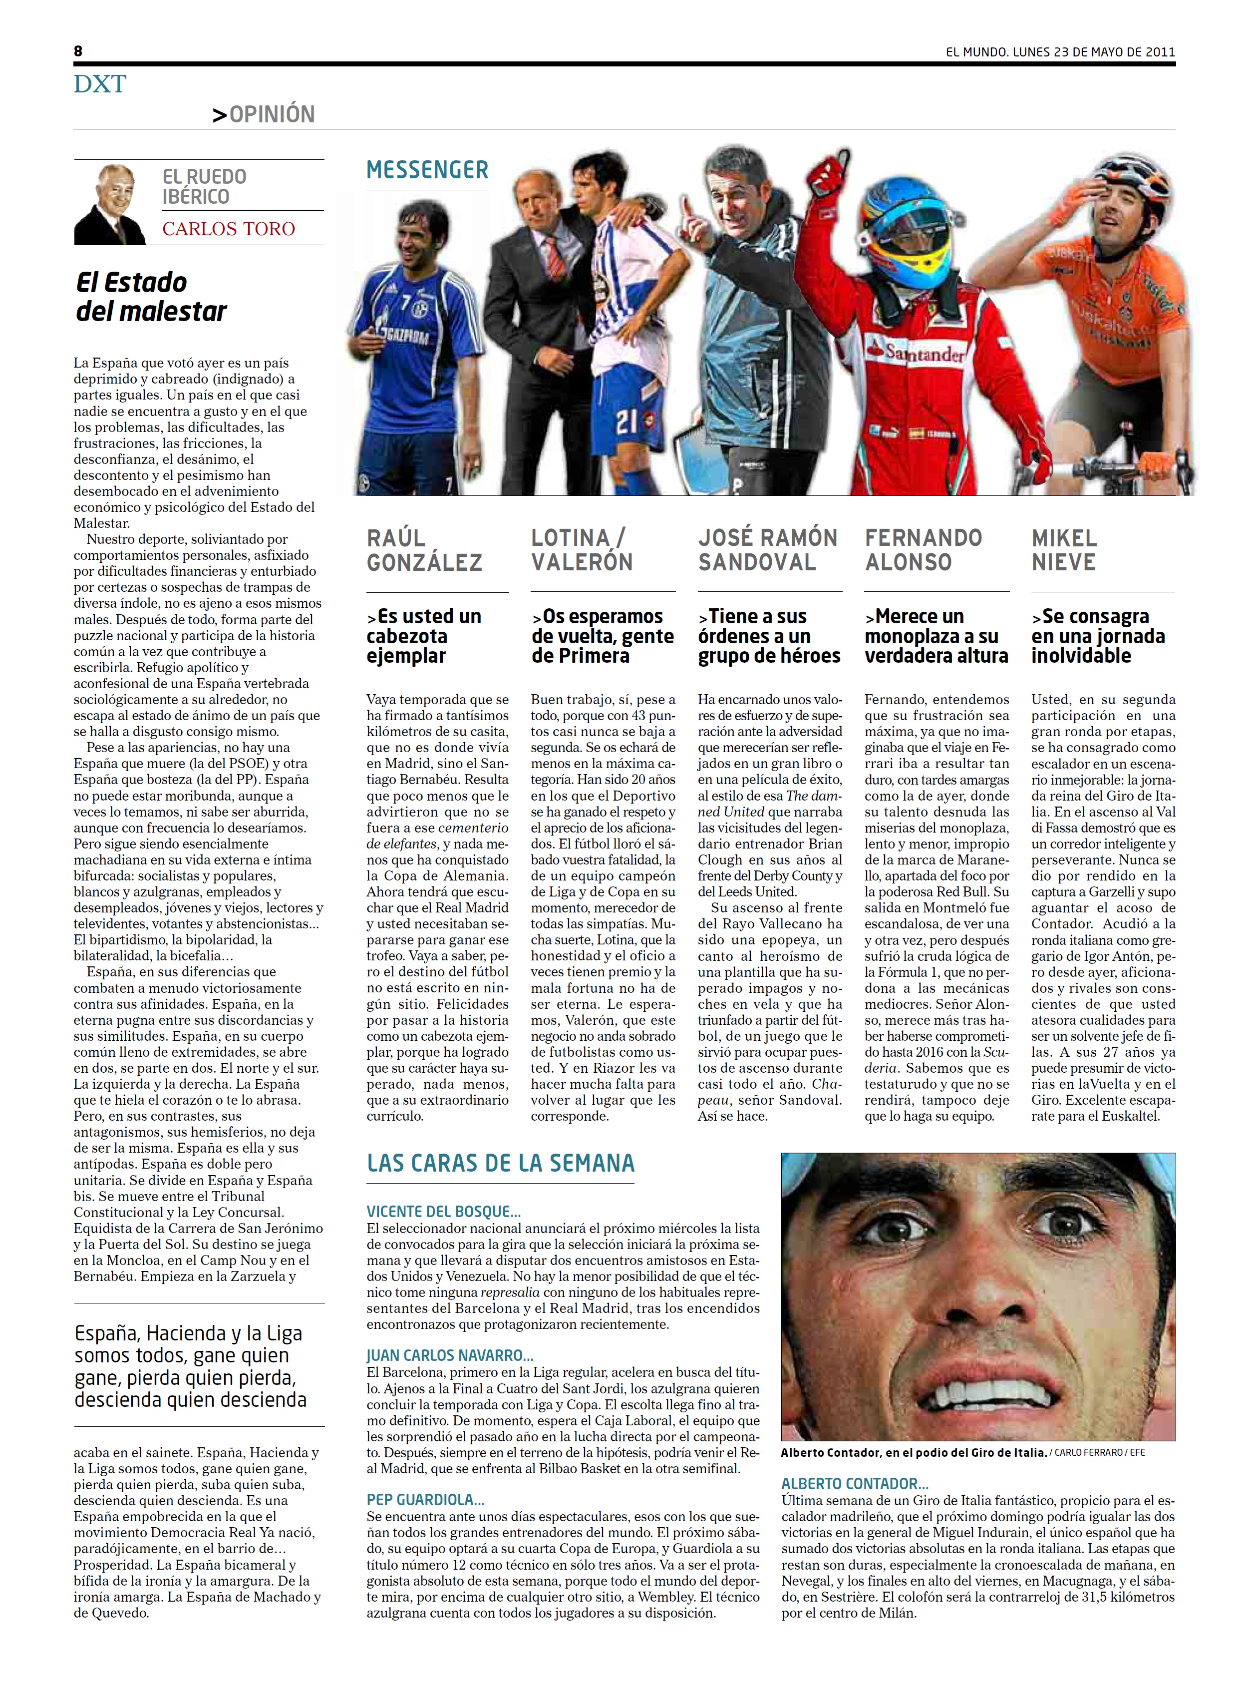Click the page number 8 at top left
click(x=78, y=51)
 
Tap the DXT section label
click(x=100, y=84)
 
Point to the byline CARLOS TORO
click(x=228, y=229)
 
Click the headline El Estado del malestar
click(x=151, y=297)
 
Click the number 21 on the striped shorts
click(x=626, y=422)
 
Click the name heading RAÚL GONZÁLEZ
click(x=424, y=550)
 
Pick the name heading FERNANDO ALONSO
click(x=923, y=550)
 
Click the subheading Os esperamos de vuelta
click(x=602, y=636)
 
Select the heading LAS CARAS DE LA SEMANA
click(x=500, y=1163)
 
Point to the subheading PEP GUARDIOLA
click(x=425, y=1499)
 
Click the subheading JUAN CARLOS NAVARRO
click(x=449, y=1356)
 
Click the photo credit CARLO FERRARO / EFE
click(x=1099, y=1452)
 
